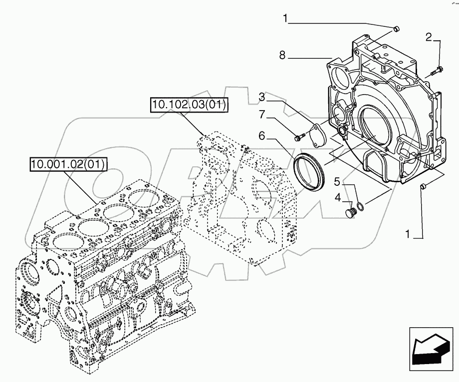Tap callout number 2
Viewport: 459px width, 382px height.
coord(428,36)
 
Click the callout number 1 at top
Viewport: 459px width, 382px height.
coord(286,19)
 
